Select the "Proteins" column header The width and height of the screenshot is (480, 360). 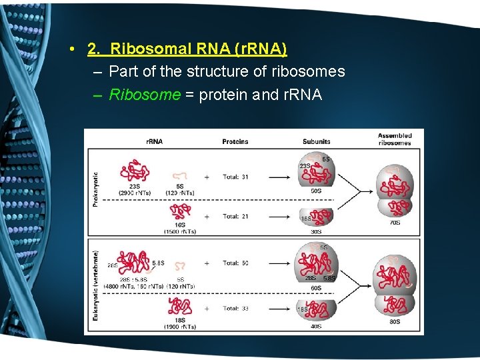(x=235, y=141)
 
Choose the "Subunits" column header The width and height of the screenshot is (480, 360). (x=316, y=141)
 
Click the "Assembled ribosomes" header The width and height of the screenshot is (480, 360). (x=395, y=139)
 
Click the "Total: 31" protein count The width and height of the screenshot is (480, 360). (x=235, y=177)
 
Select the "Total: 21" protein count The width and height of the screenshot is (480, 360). (x=235, y=217)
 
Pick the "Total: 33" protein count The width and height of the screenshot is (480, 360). (x=235, y=309)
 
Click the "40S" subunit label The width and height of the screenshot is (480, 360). (x=316, y=327)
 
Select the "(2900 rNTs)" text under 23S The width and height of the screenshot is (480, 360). (x=135, y=193)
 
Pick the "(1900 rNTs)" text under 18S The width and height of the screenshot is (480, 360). (x=179, y=327)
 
